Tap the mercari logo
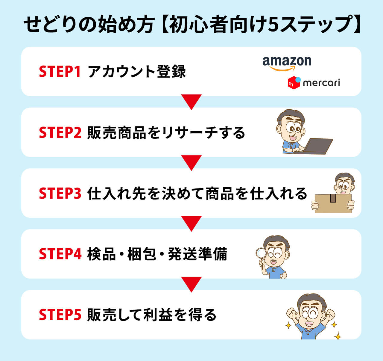tap(314, 82)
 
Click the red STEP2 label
tap(60, 132)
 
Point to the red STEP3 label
tap(60, 193)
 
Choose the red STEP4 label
tap(60, 254)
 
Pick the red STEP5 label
tap(60, 315)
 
